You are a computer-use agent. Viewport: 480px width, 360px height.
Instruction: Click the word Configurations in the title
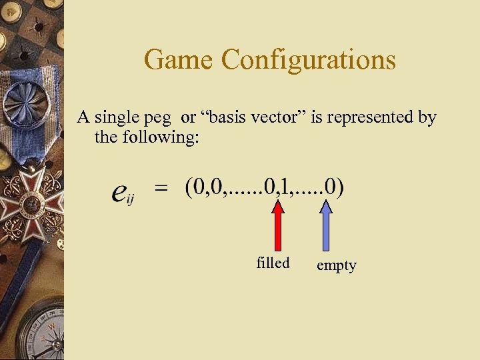(x=309, y=60)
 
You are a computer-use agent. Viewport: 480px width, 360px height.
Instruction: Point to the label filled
(x=273, y=263)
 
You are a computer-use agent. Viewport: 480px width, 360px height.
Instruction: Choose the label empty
(x=336, y=266)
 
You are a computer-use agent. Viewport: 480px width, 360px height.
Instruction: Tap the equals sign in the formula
(x=161, y=189)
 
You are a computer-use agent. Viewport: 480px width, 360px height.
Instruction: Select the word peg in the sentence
(x=163, y=119)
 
